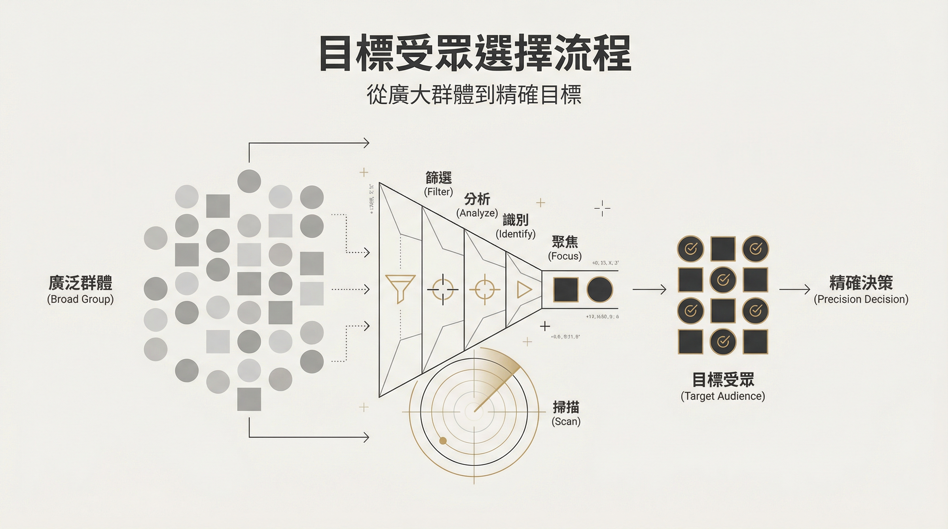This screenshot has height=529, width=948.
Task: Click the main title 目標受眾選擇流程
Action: [475, 53]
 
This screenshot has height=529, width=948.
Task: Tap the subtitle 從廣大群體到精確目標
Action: [474, 95]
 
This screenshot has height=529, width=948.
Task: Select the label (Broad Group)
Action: [81, 300]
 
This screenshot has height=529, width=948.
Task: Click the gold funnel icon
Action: [401, 288]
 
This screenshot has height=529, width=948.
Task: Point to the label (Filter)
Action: [438, 192]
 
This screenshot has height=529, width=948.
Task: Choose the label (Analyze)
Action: [477, 213]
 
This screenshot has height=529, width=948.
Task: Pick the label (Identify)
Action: [515, 234]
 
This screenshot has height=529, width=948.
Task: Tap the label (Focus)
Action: [565, 256]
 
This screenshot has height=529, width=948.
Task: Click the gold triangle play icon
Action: [524, 290]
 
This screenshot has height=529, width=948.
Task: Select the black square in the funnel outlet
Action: [566, 290]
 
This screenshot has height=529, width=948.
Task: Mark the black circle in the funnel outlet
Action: [600, 290]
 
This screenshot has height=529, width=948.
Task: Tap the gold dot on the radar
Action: [443, 441]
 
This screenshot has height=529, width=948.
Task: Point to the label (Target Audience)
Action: [723, 396]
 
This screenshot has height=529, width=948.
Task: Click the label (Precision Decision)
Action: [861, 300]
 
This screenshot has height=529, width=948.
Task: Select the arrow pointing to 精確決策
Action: [795, 289]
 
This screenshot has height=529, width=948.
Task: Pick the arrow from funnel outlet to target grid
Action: [649, 289]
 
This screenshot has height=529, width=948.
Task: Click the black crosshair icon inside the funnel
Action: [443, 289]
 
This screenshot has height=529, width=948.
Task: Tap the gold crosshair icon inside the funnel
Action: [484, 289]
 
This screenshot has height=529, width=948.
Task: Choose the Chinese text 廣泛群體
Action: [81, 283]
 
